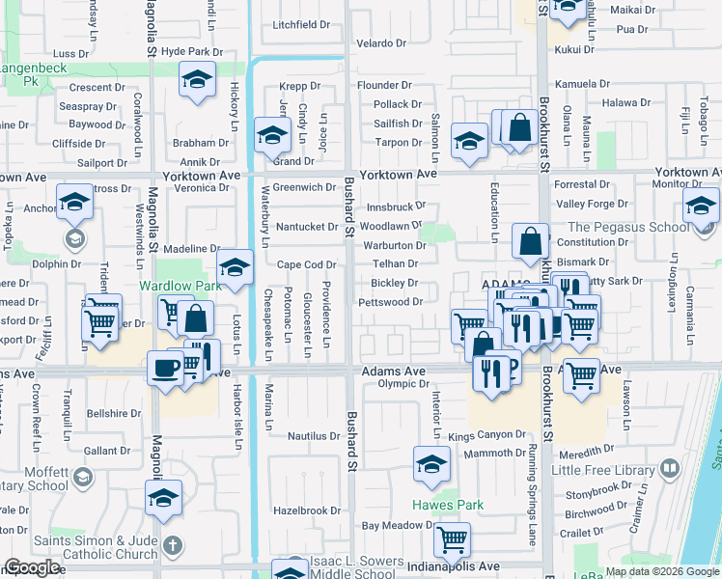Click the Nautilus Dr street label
[x=315, y=436]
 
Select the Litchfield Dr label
[x=301, y=25]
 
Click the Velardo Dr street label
[x=381, y=43]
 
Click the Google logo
[x=32, y=567]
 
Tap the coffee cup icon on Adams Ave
[x=163, y=367]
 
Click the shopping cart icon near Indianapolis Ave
[x=451, y=541]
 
